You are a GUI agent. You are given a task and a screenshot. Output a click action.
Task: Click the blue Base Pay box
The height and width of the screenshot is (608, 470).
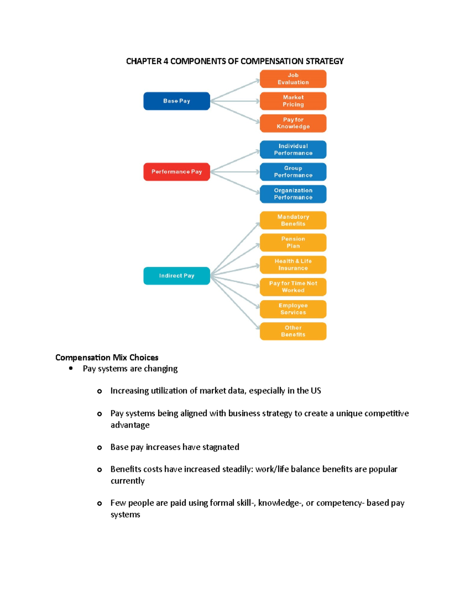pyautogui.click(x=177, y=101)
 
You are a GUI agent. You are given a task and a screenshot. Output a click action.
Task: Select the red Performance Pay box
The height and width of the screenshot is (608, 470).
pyautogui.click(x=177, y=172)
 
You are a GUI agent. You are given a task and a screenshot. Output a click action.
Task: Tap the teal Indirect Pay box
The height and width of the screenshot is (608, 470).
pyautogui.click(x=177, y=276)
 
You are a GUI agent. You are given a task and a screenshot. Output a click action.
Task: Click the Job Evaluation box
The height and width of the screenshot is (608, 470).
pyautogui.click(x=293, y=79)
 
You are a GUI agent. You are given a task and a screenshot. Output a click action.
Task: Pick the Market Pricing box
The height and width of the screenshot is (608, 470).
pyautogui.click(x=293, y=101)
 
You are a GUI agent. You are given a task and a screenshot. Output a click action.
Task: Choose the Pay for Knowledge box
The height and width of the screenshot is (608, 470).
pyautogui.click(x=293, y=123)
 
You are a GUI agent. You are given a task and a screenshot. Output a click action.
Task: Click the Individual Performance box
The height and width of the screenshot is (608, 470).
pyautogui.click(x=293, y=150)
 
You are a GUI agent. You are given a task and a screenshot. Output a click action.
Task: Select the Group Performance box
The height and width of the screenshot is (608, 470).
pyautogui.click(x=293, y=172)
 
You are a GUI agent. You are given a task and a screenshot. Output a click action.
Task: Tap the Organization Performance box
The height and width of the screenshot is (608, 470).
pyautogui.click(x=293, y=194)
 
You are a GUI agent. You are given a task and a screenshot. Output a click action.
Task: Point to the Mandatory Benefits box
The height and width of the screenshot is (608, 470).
pyautogui.click(x=293, y=220)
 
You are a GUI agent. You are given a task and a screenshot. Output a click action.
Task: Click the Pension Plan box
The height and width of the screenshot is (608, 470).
pyautogui.click(x=293, y=242)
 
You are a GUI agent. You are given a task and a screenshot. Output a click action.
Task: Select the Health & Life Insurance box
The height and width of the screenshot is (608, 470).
pyautogui.click(x=293, y=265)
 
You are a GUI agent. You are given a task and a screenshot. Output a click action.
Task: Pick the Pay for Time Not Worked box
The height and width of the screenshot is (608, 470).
pyautogui.click(x=293, y=287)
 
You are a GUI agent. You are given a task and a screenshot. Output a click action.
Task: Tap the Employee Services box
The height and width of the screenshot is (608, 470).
pyautogui.click(x=293, y=309)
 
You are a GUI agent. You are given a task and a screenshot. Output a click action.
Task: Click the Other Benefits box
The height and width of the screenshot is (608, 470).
pyautogui.click(x=293, y=331)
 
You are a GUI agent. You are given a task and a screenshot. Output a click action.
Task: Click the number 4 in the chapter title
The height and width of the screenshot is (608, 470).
pyautogui.click(x=166, y=61)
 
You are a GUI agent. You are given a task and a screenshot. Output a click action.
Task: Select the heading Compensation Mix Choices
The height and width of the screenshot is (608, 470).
pyautogui.click(x=107, y=357)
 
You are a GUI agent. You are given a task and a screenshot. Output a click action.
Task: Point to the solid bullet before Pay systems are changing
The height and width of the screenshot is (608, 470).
pyautogui.click(x=71, y=368)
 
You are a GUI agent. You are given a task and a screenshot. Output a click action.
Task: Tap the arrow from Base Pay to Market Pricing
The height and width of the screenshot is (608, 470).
pyautogui.click(x=235, y=101)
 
